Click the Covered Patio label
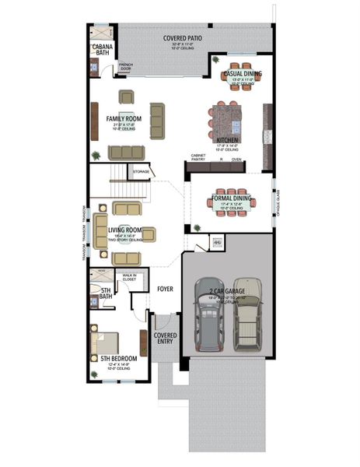(183, 38)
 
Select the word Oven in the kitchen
(248, 158)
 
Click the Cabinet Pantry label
(199, 158)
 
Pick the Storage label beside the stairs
(141, 171)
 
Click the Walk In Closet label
(129, 277)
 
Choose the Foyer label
(166, 289)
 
